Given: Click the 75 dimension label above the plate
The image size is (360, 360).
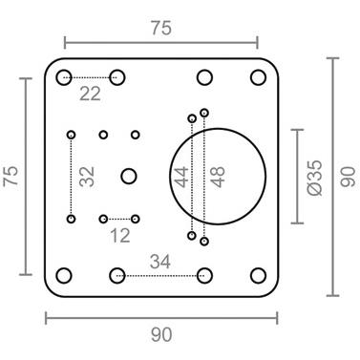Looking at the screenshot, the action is [161, 28].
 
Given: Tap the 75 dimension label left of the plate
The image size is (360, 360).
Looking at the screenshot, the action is [11, 176].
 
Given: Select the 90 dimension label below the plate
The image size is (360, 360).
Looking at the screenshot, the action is [161, 335].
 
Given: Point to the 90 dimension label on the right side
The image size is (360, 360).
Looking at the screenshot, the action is [348, 177].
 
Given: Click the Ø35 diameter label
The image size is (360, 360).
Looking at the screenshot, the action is [315, 178].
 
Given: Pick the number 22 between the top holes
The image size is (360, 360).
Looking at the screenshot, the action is [90, 94].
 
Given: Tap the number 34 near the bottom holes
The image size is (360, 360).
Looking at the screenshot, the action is [160, 262].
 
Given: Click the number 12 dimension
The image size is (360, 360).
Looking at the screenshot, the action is [120, 236].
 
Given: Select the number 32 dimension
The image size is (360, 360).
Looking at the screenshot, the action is [87, 177].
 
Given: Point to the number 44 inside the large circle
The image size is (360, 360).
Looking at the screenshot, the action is [182, 177].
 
